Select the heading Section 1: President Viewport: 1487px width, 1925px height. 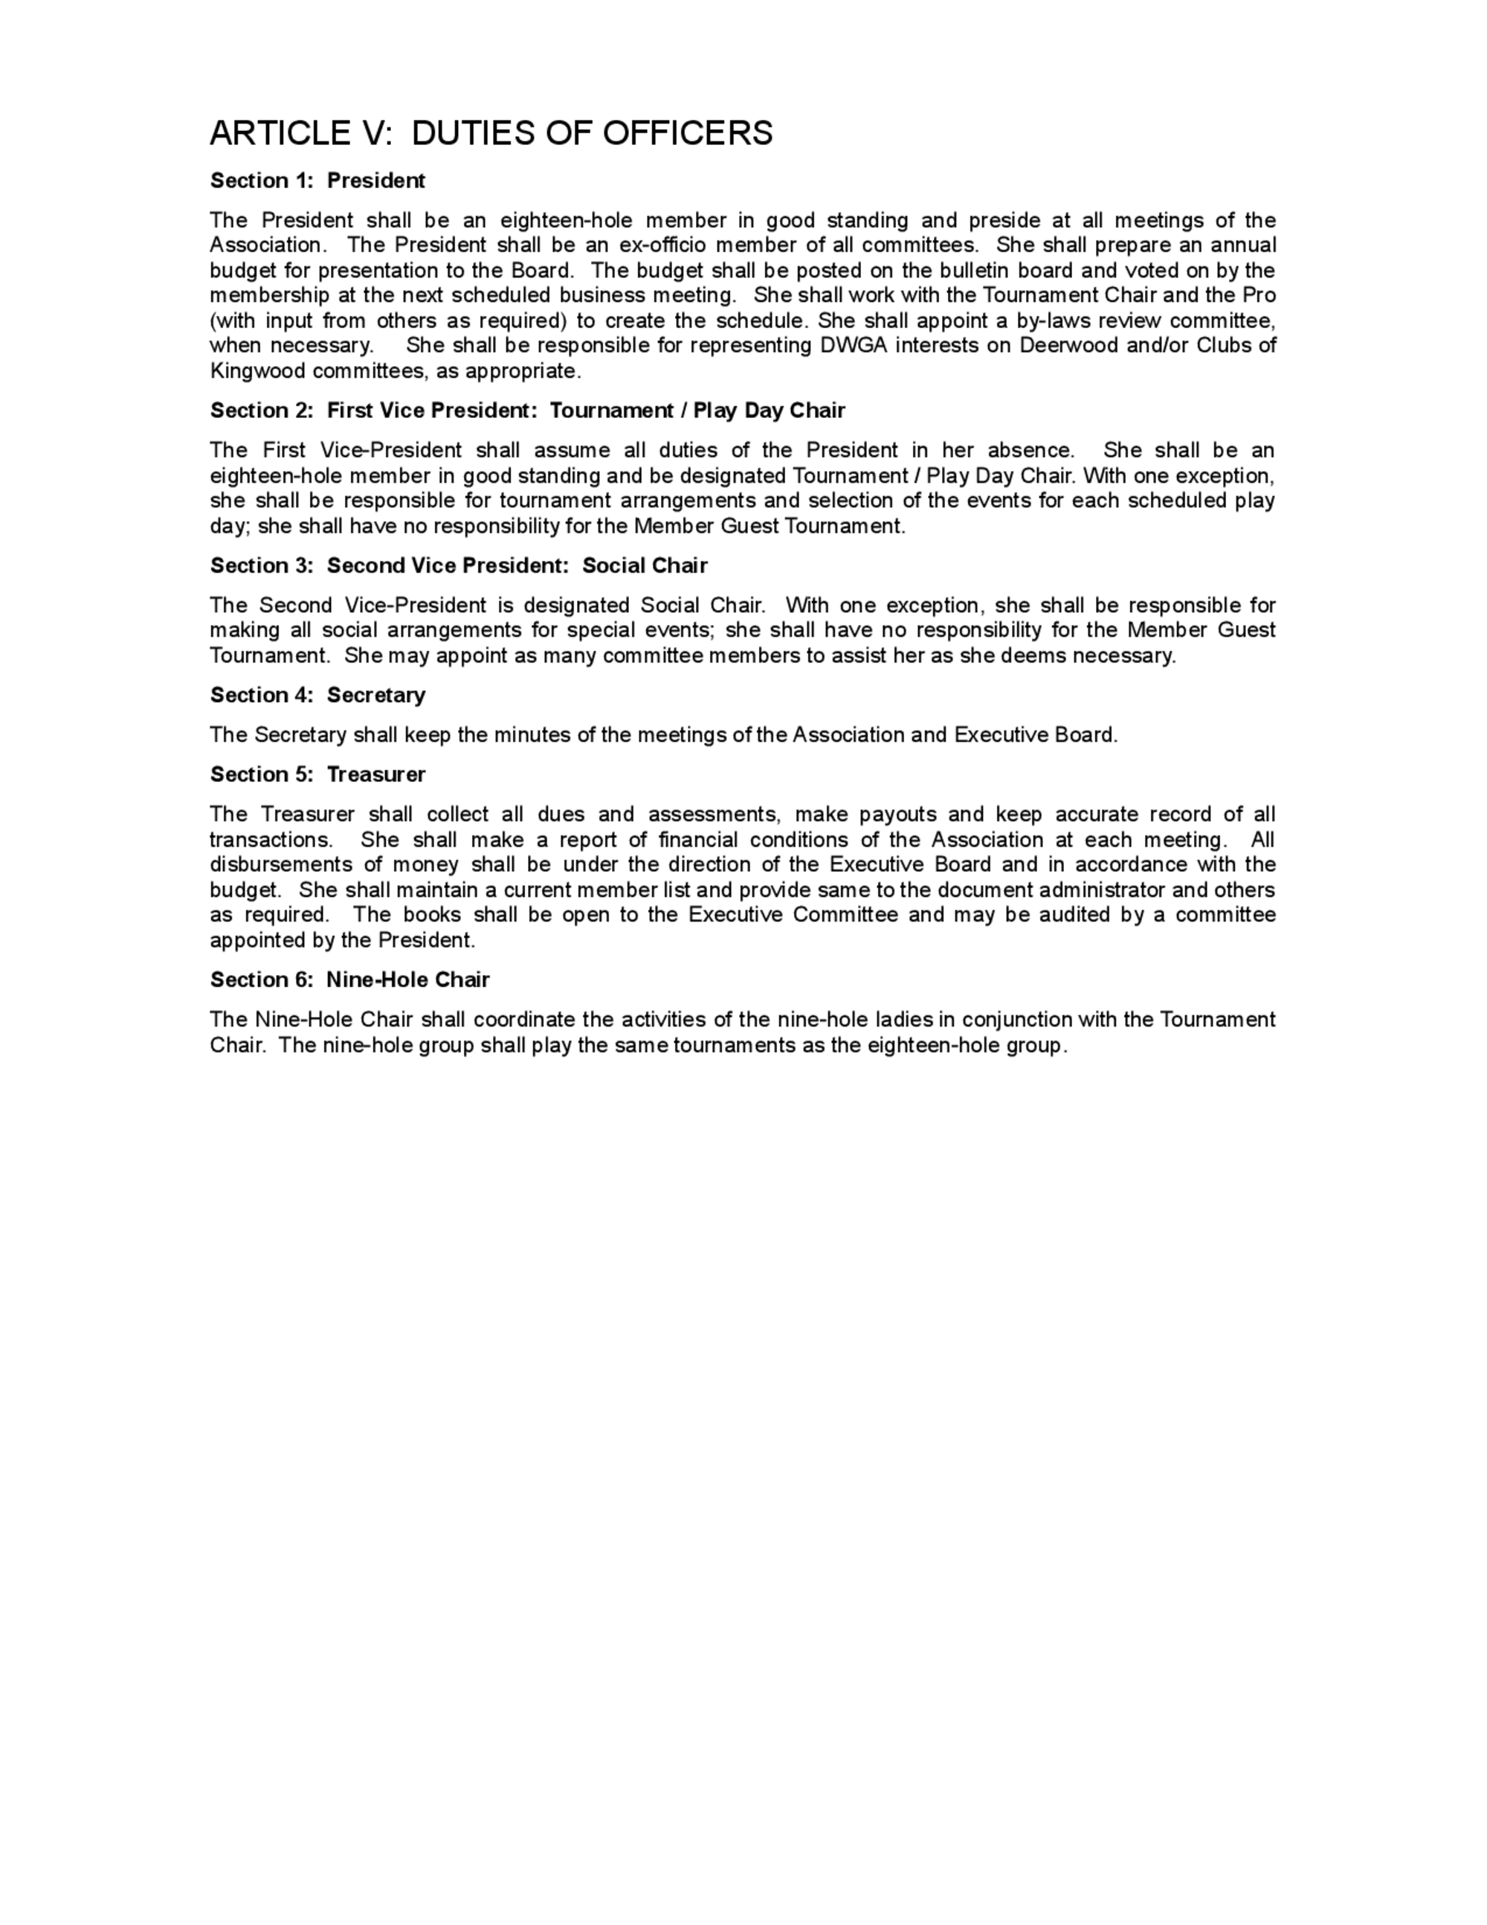pos(317,181)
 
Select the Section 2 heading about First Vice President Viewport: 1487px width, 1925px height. pos(527,411)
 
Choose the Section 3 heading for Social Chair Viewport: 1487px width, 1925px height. pos(458,566)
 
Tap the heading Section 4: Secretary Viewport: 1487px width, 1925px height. pos(317,695)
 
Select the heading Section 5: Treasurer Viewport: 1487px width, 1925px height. pos(317,775)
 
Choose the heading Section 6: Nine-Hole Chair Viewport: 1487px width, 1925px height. pos(349,980)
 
